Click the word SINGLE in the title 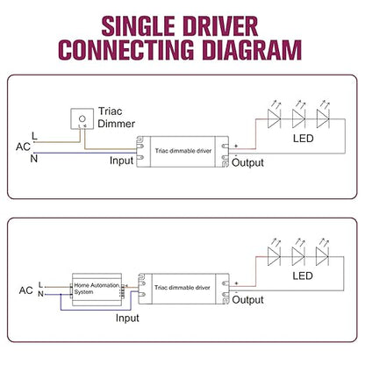(x=138, y=26)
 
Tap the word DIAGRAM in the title (x=252, y=50)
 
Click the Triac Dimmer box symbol (x=82, y=118)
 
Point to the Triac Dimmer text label (x=117, y=118)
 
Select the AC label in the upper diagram (x=23, y=147)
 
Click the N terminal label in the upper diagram (x=34, y=159)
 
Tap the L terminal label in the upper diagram (x=34, y=136)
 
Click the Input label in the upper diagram (x=122, y=161)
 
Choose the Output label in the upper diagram (x=247, y=162)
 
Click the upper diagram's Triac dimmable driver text (x=183, y=151)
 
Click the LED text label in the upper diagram (x=304, y=139)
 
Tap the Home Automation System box (x=97, y=290)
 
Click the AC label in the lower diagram (x=25, y=290)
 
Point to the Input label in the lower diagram (x=127, y=318)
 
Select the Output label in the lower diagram (x=247, y=300)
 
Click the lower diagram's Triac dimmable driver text (x=182, y=288)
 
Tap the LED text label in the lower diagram (x=303, y=276)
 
